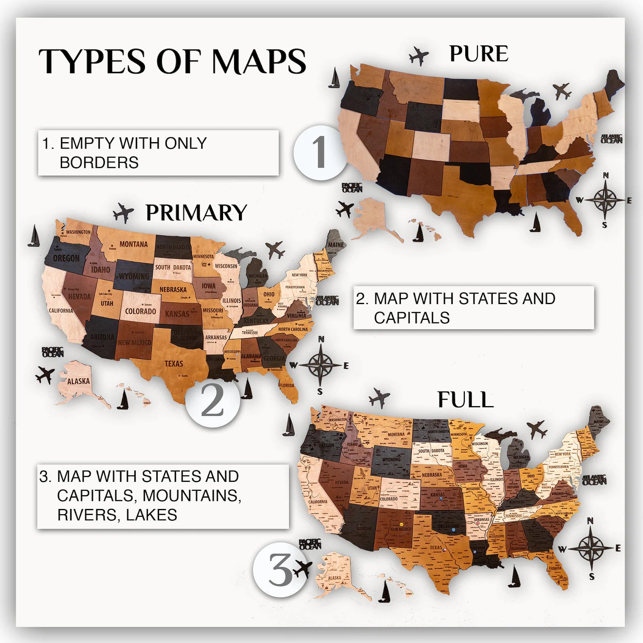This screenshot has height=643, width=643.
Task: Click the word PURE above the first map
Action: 479,54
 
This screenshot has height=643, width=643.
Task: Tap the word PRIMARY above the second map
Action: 196,213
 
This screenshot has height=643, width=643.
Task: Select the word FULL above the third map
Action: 465,400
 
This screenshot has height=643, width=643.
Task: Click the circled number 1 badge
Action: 320,152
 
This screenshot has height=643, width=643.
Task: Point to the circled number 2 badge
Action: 212,400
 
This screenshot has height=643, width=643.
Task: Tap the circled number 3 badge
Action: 279,570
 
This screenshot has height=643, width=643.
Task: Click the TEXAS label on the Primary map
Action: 174,364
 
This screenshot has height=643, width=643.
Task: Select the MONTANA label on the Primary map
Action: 133,244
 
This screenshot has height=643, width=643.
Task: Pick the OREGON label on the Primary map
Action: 66,258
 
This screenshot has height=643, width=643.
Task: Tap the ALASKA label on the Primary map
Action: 78,381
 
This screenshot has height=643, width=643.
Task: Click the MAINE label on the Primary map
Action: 335,245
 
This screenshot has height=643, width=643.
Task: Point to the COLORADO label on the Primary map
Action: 140,311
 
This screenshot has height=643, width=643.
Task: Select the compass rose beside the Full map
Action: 591,548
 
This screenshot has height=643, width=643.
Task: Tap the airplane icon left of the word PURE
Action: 419,55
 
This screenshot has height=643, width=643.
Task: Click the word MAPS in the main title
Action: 259,62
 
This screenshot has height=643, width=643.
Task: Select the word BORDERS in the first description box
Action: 99,162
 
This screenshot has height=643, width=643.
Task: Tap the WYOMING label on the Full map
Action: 391,460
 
